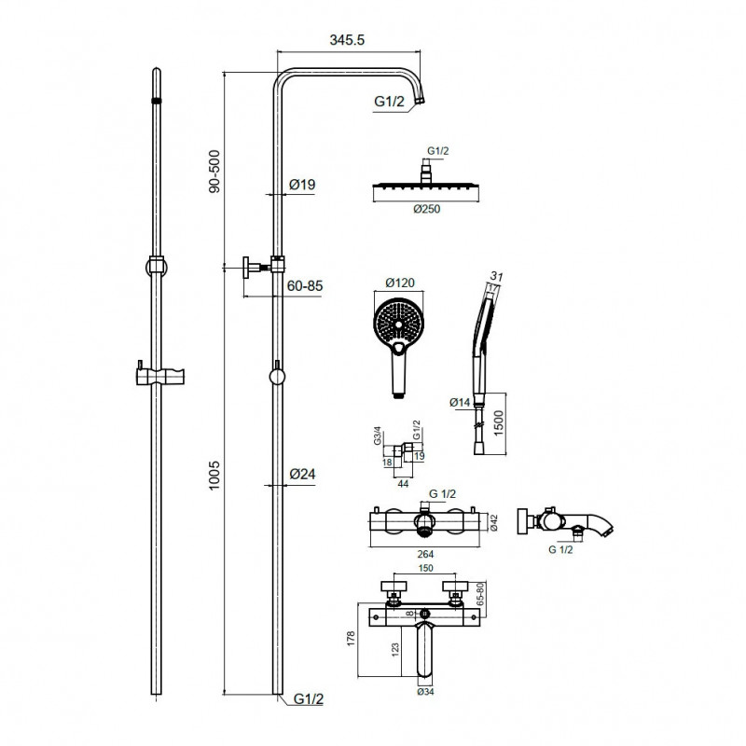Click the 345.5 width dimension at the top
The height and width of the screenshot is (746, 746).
[347, 40]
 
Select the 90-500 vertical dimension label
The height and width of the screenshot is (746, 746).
[214, 172]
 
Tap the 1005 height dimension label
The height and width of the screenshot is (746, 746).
[214, 475]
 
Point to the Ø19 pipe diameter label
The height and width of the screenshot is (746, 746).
[302, 184]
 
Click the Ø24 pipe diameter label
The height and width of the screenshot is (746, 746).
[302, 474]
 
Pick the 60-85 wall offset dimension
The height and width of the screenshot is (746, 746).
[305, 286]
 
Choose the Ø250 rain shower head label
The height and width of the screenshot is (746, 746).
[427, 209]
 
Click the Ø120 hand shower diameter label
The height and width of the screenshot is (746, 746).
[400, 283]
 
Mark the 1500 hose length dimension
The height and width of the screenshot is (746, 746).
[498, 423]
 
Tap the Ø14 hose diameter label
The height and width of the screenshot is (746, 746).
[460, 403]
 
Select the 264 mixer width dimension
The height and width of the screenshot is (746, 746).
[425, 554]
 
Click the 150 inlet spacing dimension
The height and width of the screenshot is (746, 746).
[425, 568]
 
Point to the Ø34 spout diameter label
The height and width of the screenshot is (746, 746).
[425, 691]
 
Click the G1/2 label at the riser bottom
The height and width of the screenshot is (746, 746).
[309, 698]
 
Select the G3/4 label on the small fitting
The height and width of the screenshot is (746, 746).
[378, 435]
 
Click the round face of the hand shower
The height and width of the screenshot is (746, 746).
[398, 322]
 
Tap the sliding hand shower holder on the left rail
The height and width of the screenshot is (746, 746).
[160, 375]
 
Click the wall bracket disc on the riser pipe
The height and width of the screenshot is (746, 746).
[246, 268]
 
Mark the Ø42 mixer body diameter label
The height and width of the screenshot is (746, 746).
[493, 522]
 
